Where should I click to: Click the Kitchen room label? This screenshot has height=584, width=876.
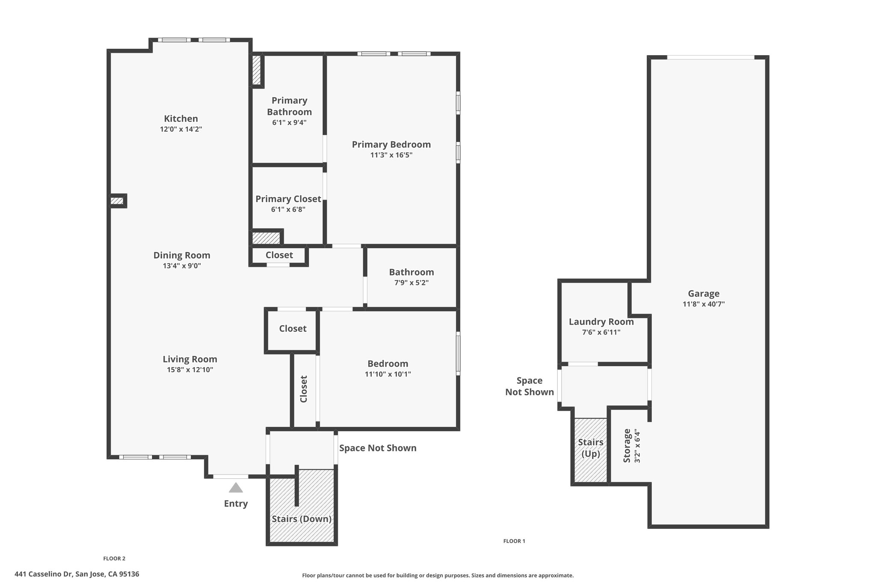pyautogui.click(x=181, y=119)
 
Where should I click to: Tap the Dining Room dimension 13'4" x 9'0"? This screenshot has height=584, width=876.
pyautogui.click(x=181, y=266)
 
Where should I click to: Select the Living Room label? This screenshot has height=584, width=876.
pyautogui.click(x=190, y=359)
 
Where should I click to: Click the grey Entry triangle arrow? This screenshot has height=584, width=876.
pyautogui.click(x=236, y=488)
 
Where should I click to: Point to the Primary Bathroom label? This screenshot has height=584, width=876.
pyautogui.click(x=290, y=106)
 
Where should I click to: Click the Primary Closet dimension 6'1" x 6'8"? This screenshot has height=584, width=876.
pyautogui.click(x=288, y=210)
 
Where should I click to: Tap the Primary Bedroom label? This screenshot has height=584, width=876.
pyautogui.click(x=391, y=145)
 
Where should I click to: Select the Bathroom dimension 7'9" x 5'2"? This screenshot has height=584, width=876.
pyautogui.click(x=411, y=283)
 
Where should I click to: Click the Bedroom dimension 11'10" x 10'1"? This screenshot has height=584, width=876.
pyautogui.click(x=388, y=374)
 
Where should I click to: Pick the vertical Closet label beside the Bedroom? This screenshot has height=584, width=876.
pyautogui.click(x=304, y=389)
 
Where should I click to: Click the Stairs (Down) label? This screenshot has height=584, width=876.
pyautogui.click(x=302, y=519)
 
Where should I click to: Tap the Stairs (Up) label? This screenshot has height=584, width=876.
pyautogui.click(x=591, y=448)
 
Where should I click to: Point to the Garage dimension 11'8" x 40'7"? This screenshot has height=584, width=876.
pyautogui.click(x=704, y=305)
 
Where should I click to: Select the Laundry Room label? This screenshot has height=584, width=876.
pyautogui.click(x=601, y=322)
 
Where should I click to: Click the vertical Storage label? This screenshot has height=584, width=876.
pyautogui.click(x=627, y=445)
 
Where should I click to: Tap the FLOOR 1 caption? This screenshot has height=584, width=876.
pyautogui.click(x=514, y=541)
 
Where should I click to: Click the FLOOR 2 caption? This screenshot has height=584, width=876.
pyautogui.click(x=114, y=558)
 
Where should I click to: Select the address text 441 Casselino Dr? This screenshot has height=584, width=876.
pyautogui.click(x=44, y=574)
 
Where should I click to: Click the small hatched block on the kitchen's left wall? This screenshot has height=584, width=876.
pyautogui.click(x=117, y=201)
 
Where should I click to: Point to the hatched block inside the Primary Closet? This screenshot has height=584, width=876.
pyautogui.click(x=266, y=238)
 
